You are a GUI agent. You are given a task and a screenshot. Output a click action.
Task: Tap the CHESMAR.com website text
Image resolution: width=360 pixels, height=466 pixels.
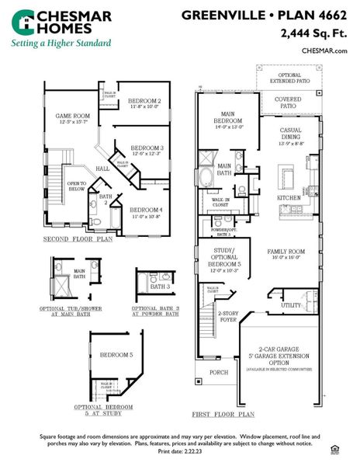pyautogui.click(x=324, y=50)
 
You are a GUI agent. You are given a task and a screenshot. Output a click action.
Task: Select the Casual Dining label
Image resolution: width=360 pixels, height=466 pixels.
pyautogui.click(x=298, y=138)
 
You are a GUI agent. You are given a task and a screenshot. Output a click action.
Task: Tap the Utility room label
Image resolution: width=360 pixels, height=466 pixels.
pyautogui.click(x=290, y=305)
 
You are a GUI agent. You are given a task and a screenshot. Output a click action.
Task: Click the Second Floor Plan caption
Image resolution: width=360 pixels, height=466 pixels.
pyautogui.click(x=78, y=239)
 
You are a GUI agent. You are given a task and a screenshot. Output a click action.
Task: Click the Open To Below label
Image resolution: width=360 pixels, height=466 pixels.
pyautogui.click(x=77, y=186)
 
